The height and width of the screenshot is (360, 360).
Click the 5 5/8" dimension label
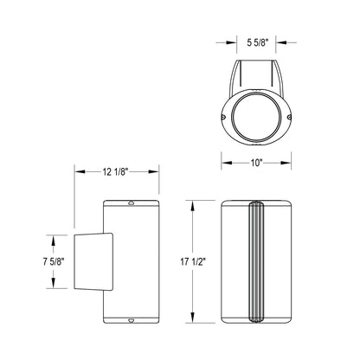(x=258, y=43)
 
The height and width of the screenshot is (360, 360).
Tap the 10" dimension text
(x=256, y=163)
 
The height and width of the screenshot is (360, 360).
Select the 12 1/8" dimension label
(x=115, y=172)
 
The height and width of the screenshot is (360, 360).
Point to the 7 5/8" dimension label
(x=54, y=262)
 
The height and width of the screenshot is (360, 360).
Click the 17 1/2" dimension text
(x=193, y=262)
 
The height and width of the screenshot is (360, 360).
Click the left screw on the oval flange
(x=223, y=117)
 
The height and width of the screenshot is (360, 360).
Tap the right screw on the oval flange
(x=289, y=117)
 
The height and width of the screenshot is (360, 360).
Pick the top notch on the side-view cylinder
(x=132, y=203)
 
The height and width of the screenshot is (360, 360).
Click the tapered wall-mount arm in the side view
(x=93, y=260)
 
